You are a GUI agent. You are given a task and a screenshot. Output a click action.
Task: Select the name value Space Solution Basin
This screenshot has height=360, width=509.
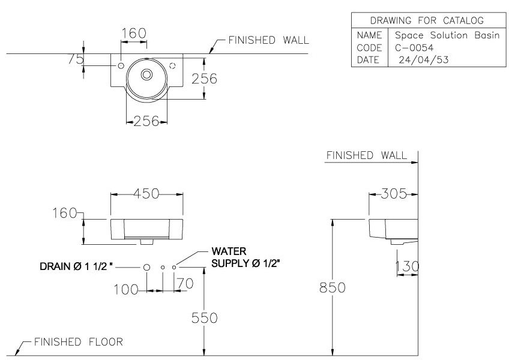pyautogui.click(x=447, y=35)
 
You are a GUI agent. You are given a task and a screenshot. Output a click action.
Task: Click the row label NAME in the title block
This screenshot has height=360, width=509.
pyautogui.click(x=369, y=35)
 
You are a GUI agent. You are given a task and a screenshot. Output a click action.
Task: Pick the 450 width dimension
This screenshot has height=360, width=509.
pyautogui.click(x=146, y=193)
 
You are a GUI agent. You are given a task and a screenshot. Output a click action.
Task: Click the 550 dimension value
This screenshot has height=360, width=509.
pyautogui.click(x=205, y=318)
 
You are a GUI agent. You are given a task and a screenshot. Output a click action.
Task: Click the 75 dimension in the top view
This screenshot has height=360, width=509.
pyautogui.click(x=76, y=59)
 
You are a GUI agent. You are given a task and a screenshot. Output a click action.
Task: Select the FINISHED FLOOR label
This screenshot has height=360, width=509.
pyautogui.click(x=78, y=342)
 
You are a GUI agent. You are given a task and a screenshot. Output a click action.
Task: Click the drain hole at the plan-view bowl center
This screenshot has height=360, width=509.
pyautogui.click(x=146, y=74)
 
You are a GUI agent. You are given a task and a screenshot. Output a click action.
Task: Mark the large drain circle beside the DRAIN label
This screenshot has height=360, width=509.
pyautogui.click(x=146, y=266)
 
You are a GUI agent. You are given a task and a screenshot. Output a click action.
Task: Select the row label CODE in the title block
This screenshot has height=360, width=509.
pyautogui.click(x=369, y=47)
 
